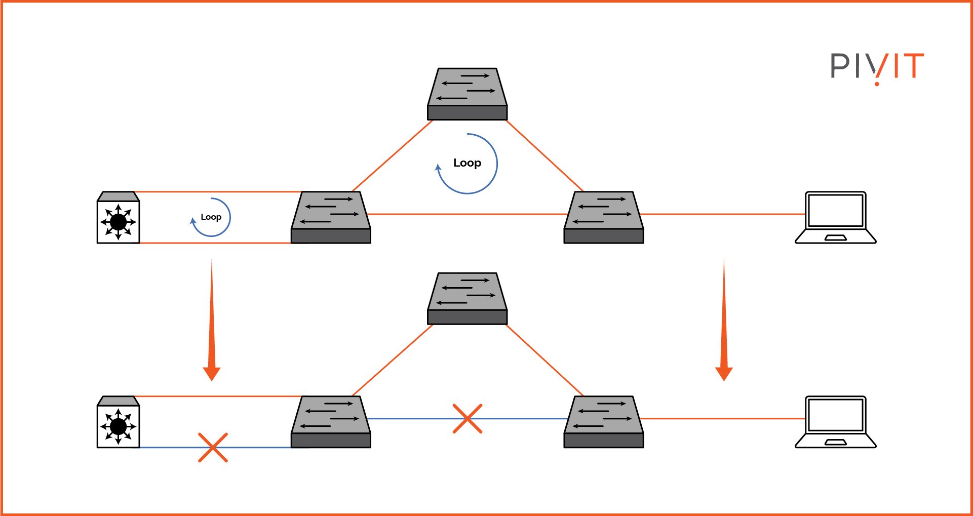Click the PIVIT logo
[877, 67]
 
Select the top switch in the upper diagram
[467, 95]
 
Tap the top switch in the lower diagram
[467, 299]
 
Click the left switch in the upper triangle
[331, 218]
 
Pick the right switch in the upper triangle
[603, 218]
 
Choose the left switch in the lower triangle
[331, 422]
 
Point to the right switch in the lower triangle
[603, 422]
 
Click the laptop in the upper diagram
[835, 218]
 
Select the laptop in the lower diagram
[835, 422]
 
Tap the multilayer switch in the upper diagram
[118, 218]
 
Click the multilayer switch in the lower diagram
[118, 423]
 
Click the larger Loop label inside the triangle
[467, 163]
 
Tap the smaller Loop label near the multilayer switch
[211, 217]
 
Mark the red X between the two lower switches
[467, 419]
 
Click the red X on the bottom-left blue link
[213, 448]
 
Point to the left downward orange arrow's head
[212, 374]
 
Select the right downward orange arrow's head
[724, 374]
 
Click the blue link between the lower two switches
[415, 419]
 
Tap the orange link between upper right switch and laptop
[724, 214]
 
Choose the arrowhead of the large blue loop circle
[438, 168]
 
